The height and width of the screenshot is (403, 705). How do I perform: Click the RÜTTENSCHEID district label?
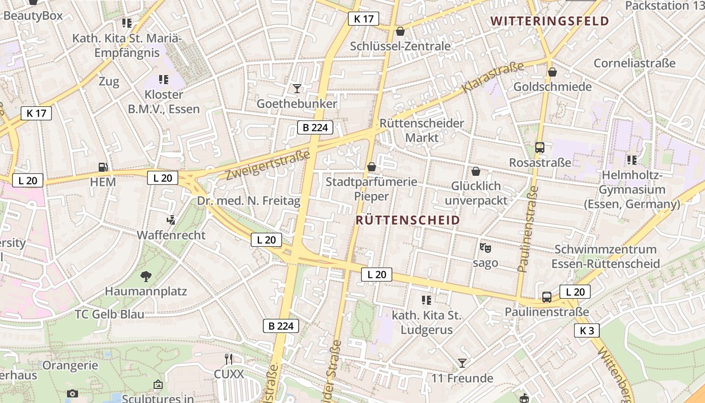[x=408, y=220]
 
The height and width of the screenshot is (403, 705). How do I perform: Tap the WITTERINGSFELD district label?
[x=550, y=21]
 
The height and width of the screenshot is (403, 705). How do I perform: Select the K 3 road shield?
[x=587, y=331]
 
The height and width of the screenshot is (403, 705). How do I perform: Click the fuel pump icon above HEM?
[x=103, y=167]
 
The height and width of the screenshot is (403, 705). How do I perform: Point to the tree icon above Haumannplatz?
[x=146, y=276]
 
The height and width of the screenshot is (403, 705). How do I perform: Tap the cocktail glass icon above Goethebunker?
[x=297, y=89]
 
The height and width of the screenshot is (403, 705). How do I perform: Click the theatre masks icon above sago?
[x=485, y=248]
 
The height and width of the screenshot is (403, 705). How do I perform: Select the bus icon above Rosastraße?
[x=540, y=148]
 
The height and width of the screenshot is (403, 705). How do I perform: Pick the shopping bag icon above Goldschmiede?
[x=552, y=72]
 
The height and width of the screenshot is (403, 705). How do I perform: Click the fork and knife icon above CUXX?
[x=229, y=359]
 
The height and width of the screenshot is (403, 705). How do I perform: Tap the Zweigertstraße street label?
[x=267, y=165]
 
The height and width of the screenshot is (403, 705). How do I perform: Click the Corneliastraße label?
[x=634, y=63]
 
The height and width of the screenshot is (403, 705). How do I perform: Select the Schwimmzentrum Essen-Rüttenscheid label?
[x=605, y=256]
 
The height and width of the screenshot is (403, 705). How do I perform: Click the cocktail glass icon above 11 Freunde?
[x=462, y=363]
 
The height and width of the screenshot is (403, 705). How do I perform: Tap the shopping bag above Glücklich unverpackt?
[x=476, y=171]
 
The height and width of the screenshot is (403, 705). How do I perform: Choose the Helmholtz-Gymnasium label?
[x=632, y=190]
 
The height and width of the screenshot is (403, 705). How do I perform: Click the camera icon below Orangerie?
[x=73, y=393]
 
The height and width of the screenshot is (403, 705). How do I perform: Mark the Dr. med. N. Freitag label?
[x=249, y=201]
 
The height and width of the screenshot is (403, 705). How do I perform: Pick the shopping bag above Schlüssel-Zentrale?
[x=400, y=31]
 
